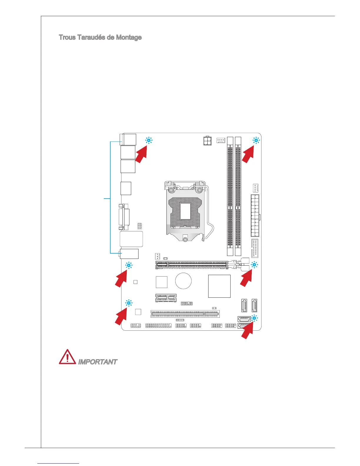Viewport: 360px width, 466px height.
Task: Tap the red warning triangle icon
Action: pos(67,357)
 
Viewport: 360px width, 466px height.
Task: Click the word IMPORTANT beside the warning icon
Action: pos(97,362)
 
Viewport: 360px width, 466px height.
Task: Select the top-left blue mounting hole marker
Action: pos(149,141)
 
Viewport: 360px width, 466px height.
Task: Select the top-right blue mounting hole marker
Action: pos(256,141)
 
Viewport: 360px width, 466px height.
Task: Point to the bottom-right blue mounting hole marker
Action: pos(254,318)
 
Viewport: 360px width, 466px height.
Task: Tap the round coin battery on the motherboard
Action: pos(183,281)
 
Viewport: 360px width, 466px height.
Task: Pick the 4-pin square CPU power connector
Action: pos(208,141)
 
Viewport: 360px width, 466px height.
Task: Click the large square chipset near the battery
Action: pos(219,286)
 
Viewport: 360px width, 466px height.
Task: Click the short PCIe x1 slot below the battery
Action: pos(166,298)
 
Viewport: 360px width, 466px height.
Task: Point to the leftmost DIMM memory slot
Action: pos(230,197)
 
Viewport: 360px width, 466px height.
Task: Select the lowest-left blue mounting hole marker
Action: pos(129,303)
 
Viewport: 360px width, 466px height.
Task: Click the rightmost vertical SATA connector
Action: pos(254,306)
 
